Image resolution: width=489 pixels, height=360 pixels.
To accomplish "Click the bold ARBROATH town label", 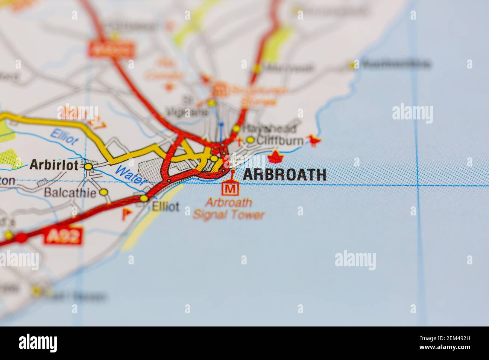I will point(285,175).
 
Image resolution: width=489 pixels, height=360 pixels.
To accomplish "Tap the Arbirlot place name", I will point(54,165).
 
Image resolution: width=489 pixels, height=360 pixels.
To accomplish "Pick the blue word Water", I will point(131,176).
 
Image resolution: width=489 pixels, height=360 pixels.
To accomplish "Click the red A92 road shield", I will point(63,236).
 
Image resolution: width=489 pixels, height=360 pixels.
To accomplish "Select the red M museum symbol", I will point(231,188).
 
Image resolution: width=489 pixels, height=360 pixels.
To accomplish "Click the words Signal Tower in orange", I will point(229,215).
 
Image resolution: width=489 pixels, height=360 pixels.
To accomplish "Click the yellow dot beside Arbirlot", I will point(88,166).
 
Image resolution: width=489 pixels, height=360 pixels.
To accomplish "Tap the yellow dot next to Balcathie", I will point(104,192).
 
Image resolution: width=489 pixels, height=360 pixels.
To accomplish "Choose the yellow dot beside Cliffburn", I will point(250,140).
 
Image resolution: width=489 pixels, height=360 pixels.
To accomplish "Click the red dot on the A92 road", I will point(21,238).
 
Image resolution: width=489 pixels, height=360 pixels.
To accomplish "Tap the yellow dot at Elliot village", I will point(144,198).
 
